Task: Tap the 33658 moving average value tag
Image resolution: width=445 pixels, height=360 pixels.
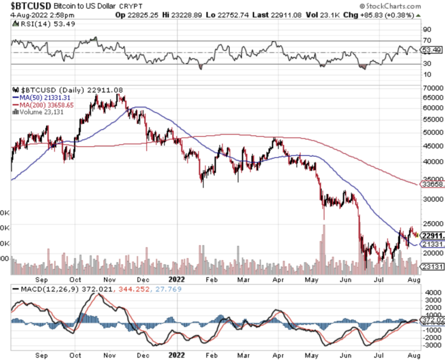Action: pyautogui.click(x=432, y=185)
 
